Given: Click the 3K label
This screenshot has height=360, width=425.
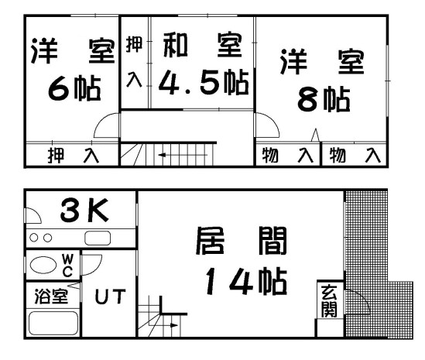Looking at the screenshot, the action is (x=84, y=210).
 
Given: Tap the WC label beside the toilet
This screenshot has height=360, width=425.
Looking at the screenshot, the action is (x=67, y=266).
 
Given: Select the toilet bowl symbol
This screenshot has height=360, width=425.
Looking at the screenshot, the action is (x=43, y=265).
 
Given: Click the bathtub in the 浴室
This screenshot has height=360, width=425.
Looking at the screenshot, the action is (x=53, y=323).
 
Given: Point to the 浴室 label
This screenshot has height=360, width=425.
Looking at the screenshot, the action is (x=51, y=297).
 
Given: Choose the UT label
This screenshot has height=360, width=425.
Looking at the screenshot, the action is (x=111, y=296).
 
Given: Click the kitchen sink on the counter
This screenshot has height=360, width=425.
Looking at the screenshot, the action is (x=98, y=238).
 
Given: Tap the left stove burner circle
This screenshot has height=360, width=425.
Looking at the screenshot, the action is (x=34, y=238).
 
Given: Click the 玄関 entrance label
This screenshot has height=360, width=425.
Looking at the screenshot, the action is (x=329, y=300).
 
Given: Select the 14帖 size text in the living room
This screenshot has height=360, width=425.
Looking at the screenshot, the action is (x=246, y=281).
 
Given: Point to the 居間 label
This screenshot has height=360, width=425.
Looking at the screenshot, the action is (x=242, y=241).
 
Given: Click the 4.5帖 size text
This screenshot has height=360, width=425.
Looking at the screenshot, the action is (x=204, y=82).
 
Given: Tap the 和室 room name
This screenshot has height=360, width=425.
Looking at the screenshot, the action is (x=203, y=45).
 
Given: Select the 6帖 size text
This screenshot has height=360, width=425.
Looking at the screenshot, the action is (x=74, y=88).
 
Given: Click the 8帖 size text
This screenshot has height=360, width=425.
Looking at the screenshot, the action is (x=324, y=99).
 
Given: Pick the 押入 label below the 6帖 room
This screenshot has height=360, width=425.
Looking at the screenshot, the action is (x=74, y=156).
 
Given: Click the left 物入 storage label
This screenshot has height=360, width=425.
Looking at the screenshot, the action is (x=288, y=155).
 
